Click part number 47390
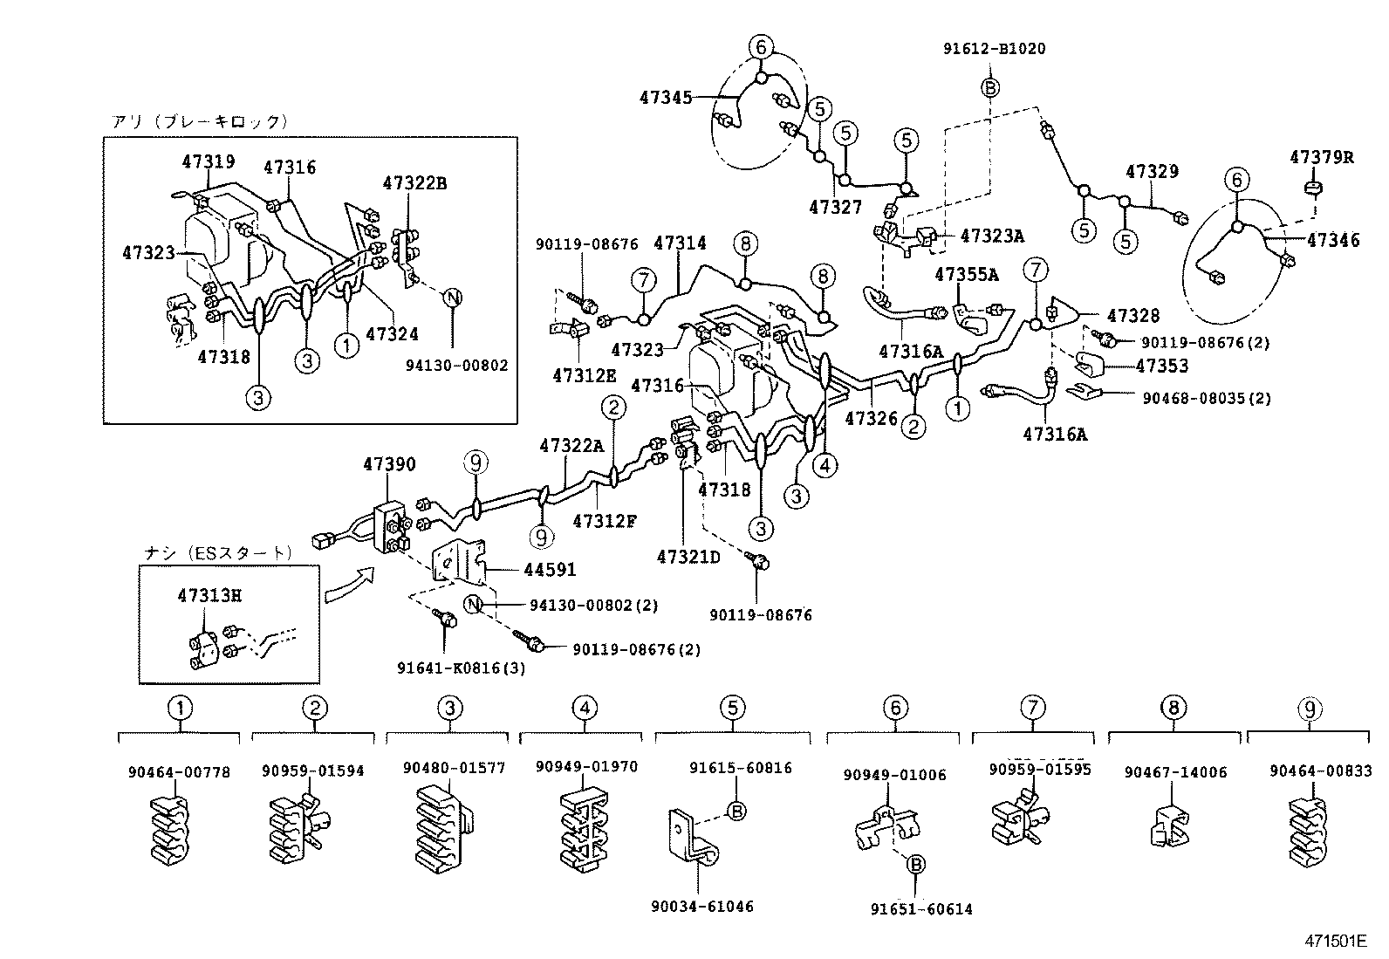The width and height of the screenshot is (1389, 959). coord(389,465)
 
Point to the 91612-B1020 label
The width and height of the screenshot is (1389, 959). coord(994,49)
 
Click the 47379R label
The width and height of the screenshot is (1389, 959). coord(1322,157)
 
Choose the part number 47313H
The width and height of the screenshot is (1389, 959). coord(209,595)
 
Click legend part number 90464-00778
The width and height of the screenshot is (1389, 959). coord(179,771)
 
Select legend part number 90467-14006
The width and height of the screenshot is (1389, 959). coord(1174,771)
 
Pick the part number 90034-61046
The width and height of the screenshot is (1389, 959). coord(701,907)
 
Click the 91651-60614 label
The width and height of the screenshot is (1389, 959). coord(920,909)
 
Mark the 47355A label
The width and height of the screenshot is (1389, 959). coord(966,274)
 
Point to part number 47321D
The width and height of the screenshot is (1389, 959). coord(688,557)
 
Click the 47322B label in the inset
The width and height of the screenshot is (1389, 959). coord(414,183)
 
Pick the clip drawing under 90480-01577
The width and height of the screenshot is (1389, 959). coord(448,828)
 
